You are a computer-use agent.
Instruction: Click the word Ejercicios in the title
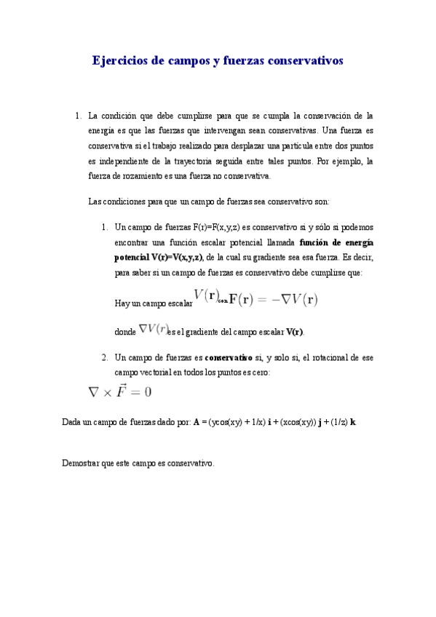[x=119, y=61]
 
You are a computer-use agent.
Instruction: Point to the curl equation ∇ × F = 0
[x=119, y=391]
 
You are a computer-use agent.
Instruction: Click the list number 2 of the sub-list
[x=105, y=358]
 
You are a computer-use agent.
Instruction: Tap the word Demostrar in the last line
[x=82, y=463]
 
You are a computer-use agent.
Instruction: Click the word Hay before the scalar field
[x=123, y=303]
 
